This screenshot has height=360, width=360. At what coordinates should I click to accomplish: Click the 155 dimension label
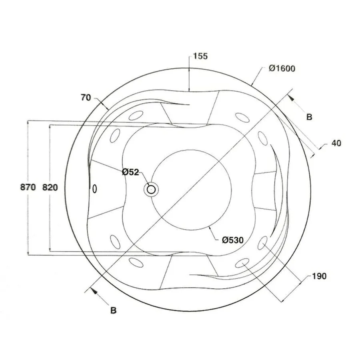[x=200, y=56]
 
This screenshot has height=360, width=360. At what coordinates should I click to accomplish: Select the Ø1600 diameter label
[x=282, y=68]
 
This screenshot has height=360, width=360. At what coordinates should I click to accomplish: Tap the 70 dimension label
[x=86, y=98]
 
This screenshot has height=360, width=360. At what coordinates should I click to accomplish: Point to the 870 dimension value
[x=28, y=187]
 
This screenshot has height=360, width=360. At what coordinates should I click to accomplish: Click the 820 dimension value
[x=50, y=188]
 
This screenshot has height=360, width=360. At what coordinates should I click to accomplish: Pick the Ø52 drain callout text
[x=130, y=172]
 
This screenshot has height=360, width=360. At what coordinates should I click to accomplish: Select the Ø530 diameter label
[x=233, y=240]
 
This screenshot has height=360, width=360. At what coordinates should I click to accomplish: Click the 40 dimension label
[x=336, y=143]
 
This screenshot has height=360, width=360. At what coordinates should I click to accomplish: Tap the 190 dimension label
[x=319, y=276]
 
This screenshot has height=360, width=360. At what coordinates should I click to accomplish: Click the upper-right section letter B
[x=309, y=117]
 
